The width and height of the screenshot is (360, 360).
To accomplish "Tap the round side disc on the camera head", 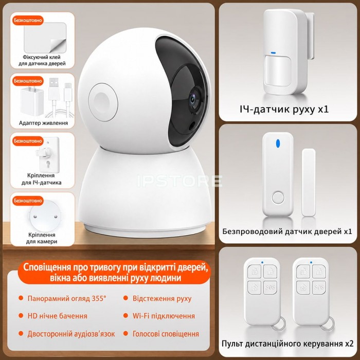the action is click(x=103, y=102).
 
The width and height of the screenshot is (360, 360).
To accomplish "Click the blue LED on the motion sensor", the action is click(x=273, y=53).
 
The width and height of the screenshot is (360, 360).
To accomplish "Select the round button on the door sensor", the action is click(x=278, y=197).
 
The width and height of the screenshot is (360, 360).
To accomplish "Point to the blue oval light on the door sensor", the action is click(x=278, y=143).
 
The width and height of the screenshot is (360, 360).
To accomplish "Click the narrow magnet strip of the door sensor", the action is click(x=309, y=182).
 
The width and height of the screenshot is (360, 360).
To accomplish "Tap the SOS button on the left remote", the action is click(x=270, y=287).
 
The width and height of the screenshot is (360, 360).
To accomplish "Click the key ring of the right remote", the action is click(x=328, y=324).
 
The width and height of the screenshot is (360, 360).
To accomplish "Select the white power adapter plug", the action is click(x=32, y=100).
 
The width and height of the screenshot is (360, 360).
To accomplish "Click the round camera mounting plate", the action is click(x=45, y=216).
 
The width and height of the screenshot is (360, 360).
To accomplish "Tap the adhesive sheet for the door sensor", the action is click(x=45, y=38).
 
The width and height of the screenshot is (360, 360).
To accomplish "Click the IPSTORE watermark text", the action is click(x=179, y=181).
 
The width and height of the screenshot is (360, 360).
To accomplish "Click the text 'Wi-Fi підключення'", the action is click(x=164, y=316).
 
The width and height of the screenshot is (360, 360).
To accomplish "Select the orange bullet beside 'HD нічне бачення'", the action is click(x=21, y=316).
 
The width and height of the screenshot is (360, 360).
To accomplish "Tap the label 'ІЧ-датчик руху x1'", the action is click(x=284, y=109).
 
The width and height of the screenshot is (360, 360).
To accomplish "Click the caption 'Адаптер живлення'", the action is click(x=43, y=123).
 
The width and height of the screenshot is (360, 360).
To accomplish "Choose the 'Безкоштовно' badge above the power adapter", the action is click(x=28, y=81).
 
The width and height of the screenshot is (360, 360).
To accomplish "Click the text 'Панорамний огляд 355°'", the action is click(x=67, y=298).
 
